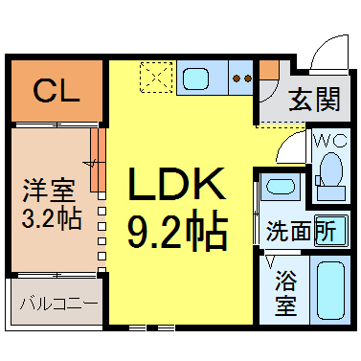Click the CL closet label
coord(56,91)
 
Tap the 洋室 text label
coord(49,191)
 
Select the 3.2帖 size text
coord(52,218)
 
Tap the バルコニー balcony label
coord(58,304)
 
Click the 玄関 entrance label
coord(314,100)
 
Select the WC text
coord(331,141)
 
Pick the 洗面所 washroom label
coord(301,230)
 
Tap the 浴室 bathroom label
coord(285,293)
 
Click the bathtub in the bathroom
coord(331,290)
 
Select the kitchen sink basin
coord(195,79)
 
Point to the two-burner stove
coord(241,78)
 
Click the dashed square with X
coord(156,78)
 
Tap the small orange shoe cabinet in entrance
coord(269,70)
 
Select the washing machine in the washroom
coord(331,231)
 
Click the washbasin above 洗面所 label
coord(281,187)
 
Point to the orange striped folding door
coord(98,160)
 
